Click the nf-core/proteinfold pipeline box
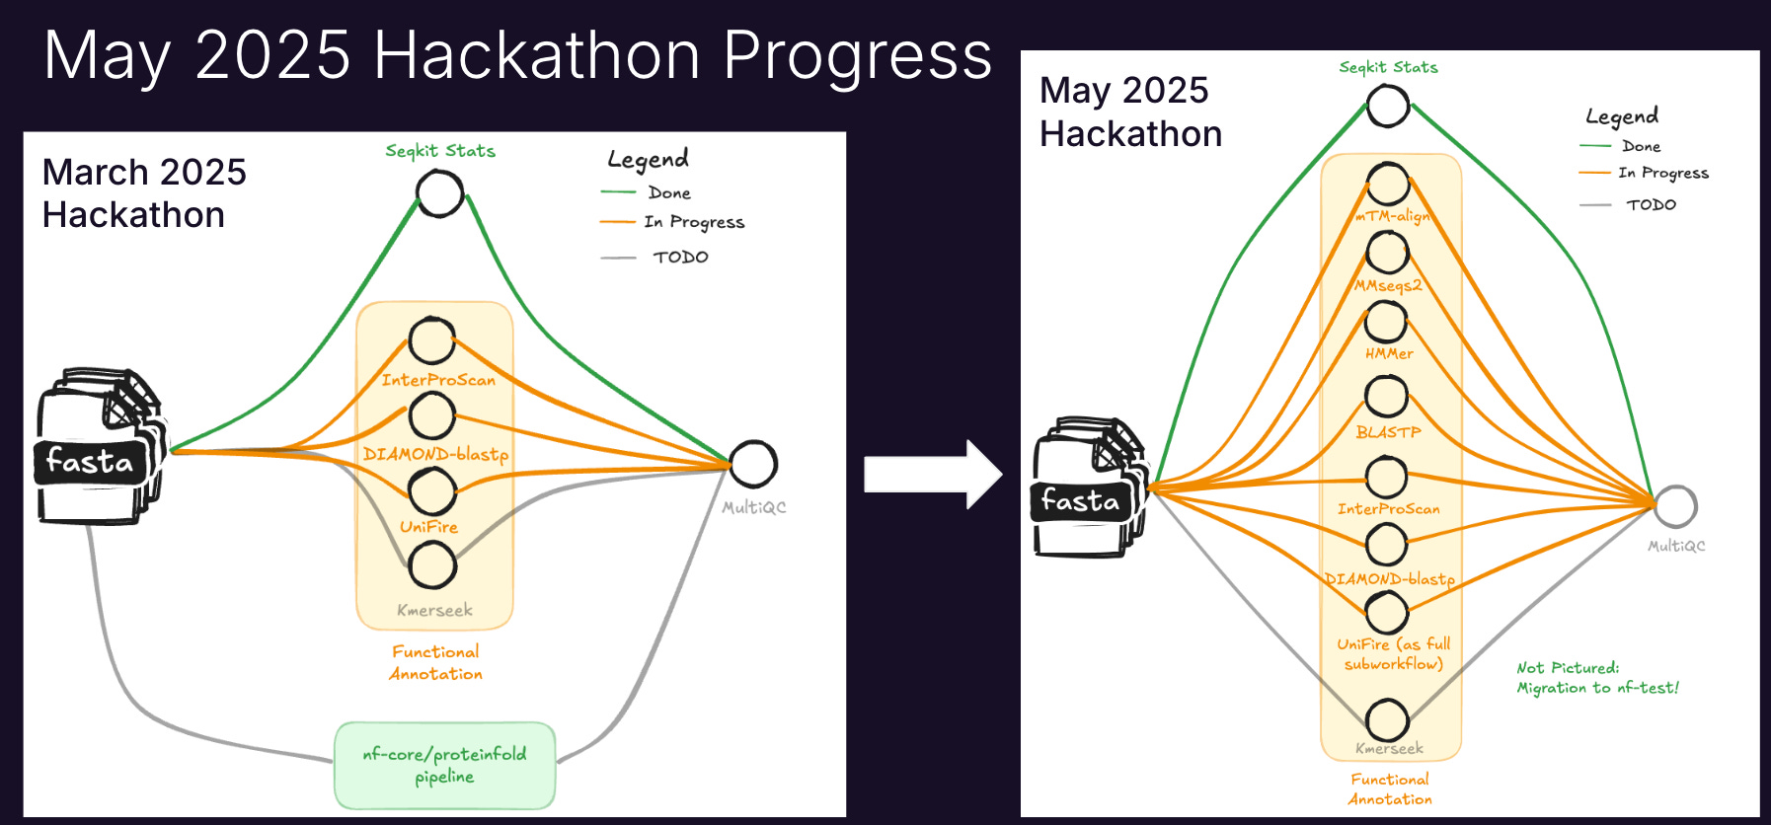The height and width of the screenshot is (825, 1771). pyautogui.click(x=444, y=765)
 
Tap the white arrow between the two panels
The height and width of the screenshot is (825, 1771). pyautogui.click(x=932, y=475)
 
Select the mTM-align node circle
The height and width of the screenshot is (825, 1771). pyautogui.click(x=1387, y=185)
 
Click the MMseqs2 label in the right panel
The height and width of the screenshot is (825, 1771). pyautogui.click(x=1388, y=285)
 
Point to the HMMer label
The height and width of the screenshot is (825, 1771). pyautogui.click(x=1389, y=353)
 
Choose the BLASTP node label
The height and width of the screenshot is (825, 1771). pyautogui.click(x=1388, y=432)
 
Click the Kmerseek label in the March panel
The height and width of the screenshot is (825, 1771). pyautogui.click(x=434, y=610)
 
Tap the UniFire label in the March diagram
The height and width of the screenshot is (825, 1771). pyautogui.click(x=428, y=527)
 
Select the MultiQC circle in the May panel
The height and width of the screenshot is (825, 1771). pyautogui.click(x=1675, y=506)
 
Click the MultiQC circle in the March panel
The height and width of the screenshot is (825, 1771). pyautogui.click(x=753, y=464)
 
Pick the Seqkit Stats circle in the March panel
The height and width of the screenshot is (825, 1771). pyautogui.click(x=439, y=193)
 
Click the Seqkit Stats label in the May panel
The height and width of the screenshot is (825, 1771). pyautogui.click(x=1388, y=67)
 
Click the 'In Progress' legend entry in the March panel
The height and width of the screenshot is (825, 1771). pyautogui.click(x=693, y=222)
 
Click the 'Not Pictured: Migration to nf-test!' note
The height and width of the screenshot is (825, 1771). pyautogui.click(x=1596, y=678)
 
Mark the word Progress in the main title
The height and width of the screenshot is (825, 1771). pyautogui.click(x=857, y=55)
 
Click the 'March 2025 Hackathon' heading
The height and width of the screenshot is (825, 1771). pyautogui.click(x=144, y=193)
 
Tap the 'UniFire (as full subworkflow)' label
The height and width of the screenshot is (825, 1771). pyautogui.click(x=1393, y=653)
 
